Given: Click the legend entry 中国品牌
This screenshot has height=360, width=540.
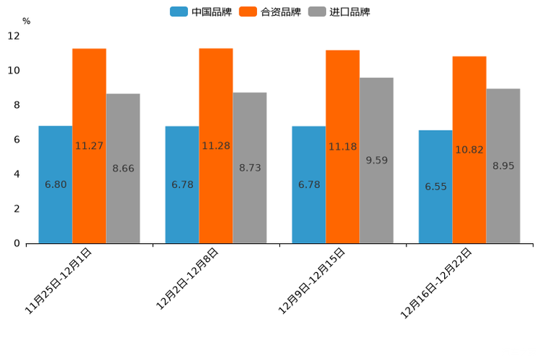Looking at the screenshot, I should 200,12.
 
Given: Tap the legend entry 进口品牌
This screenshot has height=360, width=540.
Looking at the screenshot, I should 339,12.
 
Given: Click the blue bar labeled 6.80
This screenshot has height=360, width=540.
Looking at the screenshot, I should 55,184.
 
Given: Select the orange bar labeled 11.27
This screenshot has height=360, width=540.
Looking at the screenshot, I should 89,145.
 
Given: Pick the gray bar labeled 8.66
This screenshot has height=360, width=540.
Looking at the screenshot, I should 123,168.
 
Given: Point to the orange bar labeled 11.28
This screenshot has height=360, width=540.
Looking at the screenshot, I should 216,145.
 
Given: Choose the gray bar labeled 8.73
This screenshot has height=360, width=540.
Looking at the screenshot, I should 250,168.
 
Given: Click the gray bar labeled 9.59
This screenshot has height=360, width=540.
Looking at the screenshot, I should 377,160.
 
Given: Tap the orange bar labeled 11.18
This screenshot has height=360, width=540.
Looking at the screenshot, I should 343,147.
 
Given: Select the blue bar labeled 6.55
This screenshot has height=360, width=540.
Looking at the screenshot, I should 435,187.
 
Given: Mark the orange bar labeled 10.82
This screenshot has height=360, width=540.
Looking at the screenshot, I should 470,150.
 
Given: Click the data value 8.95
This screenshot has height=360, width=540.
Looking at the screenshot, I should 503,166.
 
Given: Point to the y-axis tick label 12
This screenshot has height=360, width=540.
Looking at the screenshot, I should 14,36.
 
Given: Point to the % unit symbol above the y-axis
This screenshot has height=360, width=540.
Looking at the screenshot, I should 26,21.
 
